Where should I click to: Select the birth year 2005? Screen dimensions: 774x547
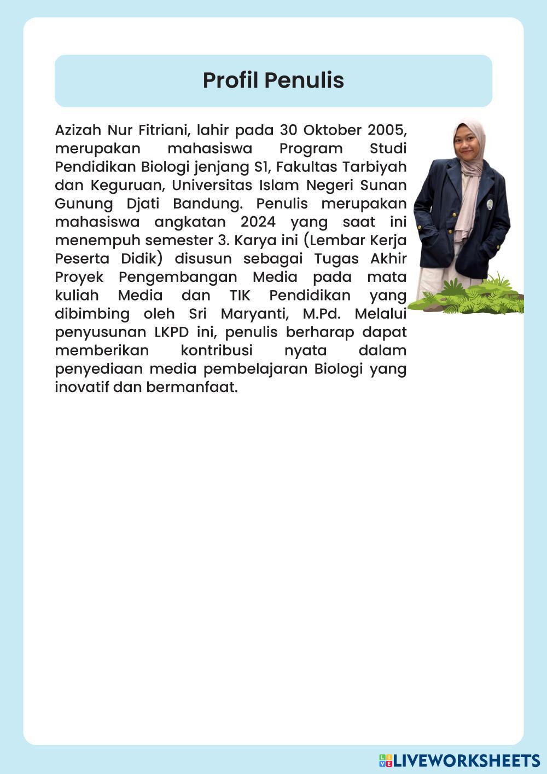pos(387,130)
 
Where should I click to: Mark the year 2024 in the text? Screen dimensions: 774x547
pos(257,222)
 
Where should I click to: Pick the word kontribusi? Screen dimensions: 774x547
pos(216,351)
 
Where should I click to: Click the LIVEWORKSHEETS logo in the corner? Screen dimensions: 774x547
pos(459,760)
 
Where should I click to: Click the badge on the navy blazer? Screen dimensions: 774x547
pos(490,205)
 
